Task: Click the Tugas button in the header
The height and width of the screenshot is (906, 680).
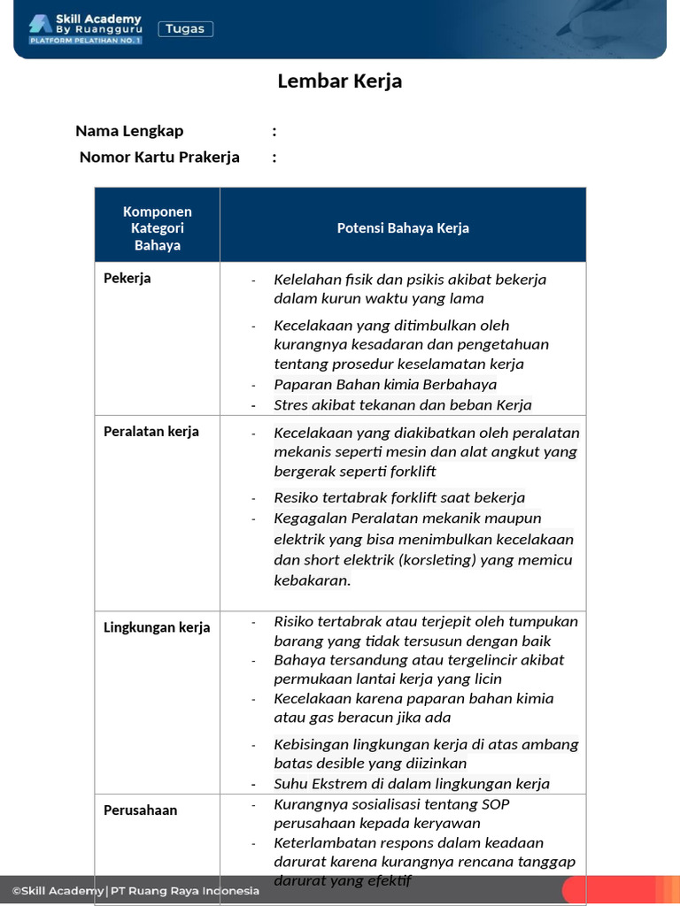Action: click(x=186, y=29)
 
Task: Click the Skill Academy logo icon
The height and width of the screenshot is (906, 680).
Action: click(x=40, y=24)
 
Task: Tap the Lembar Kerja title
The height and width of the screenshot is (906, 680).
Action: click(x=340, y=81)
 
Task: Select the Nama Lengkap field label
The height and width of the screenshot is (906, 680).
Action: click(x=129, y=131)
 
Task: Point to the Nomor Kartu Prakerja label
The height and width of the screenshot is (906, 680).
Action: click(x=159, y=157)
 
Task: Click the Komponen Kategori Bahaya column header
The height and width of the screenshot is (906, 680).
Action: click(x=158, y=228)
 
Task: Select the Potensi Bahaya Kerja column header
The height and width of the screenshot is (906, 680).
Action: click(x=403, y=228)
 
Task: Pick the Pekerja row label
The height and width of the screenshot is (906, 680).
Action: click(x=127, y=278)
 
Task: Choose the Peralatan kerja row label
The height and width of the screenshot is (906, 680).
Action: click(x=151, y=431)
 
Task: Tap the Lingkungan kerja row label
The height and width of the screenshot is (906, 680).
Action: click(x=157, y=627)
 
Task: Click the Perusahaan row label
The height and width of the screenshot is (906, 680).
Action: click(x=141, y=810)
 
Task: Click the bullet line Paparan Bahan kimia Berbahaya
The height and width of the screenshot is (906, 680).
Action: click(x=385, y=384)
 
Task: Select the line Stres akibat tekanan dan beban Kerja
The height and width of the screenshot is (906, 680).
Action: click(x=403, y=405)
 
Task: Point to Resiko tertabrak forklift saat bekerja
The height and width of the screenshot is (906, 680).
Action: click(x=399, y=497)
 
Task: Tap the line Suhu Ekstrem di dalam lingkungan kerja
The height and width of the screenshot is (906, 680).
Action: click(x=412, y=783)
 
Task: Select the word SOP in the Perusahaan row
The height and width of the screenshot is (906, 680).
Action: click(x=495, y=804)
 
